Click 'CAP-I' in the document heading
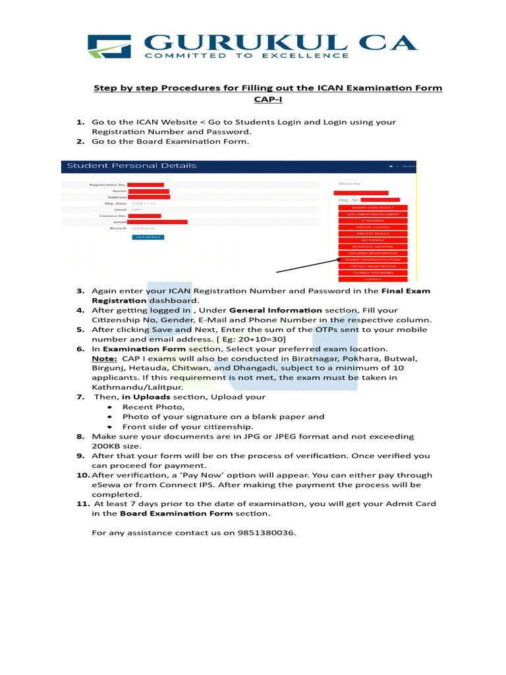point(267,100)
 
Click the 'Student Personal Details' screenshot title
point(132,165)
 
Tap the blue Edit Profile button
point(148,237)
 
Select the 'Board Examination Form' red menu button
point(373,260)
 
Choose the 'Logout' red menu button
point(373,279)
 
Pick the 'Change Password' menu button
point(373,272)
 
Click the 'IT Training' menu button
point(373,220)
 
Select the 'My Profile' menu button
point(373,240)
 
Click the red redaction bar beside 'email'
point(157,222)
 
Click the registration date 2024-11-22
point(144,204)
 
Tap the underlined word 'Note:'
point(104,358)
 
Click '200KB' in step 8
point(107,446)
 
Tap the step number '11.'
point(82,504)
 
